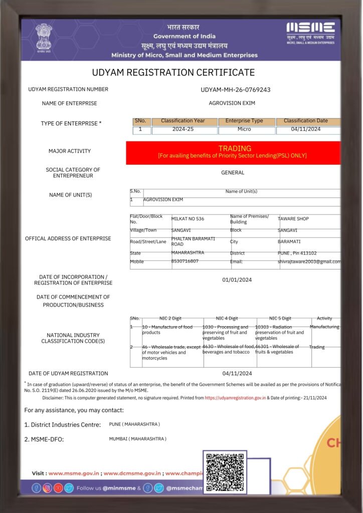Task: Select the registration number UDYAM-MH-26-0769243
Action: tap(235, 90)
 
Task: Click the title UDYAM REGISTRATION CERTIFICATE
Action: tap(173, 73)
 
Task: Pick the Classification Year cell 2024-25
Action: tap(184, 130)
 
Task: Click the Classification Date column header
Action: tap(306, 121)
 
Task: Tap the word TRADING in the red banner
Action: tap(235, 148)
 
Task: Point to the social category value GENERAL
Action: tap(233, 173)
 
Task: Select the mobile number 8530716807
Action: tap(185, 261)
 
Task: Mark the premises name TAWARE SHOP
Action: tap(293, 219)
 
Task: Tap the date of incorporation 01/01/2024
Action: tap(237, 280)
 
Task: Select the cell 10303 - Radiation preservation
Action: tap(279, 332)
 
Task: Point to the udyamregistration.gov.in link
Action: tap(235, 398)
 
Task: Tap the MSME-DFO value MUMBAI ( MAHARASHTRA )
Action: tap(137, 439)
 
